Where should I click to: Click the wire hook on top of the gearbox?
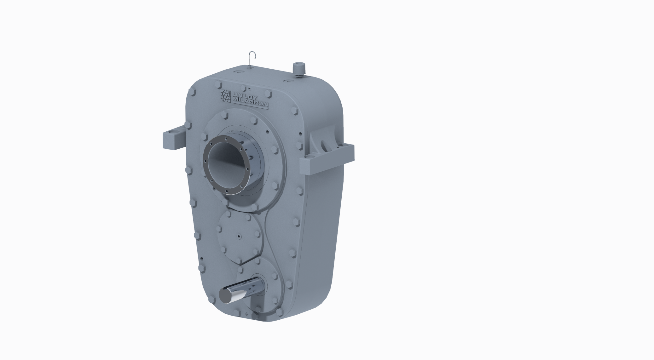click(252, 57)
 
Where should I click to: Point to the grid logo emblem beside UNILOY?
click(225, 96)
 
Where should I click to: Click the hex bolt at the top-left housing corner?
click(192, 93)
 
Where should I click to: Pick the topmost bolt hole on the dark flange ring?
click(226, 139)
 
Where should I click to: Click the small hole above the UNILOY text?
click(250, 89)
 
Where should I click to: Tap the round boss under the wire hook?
click(249, 67)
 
